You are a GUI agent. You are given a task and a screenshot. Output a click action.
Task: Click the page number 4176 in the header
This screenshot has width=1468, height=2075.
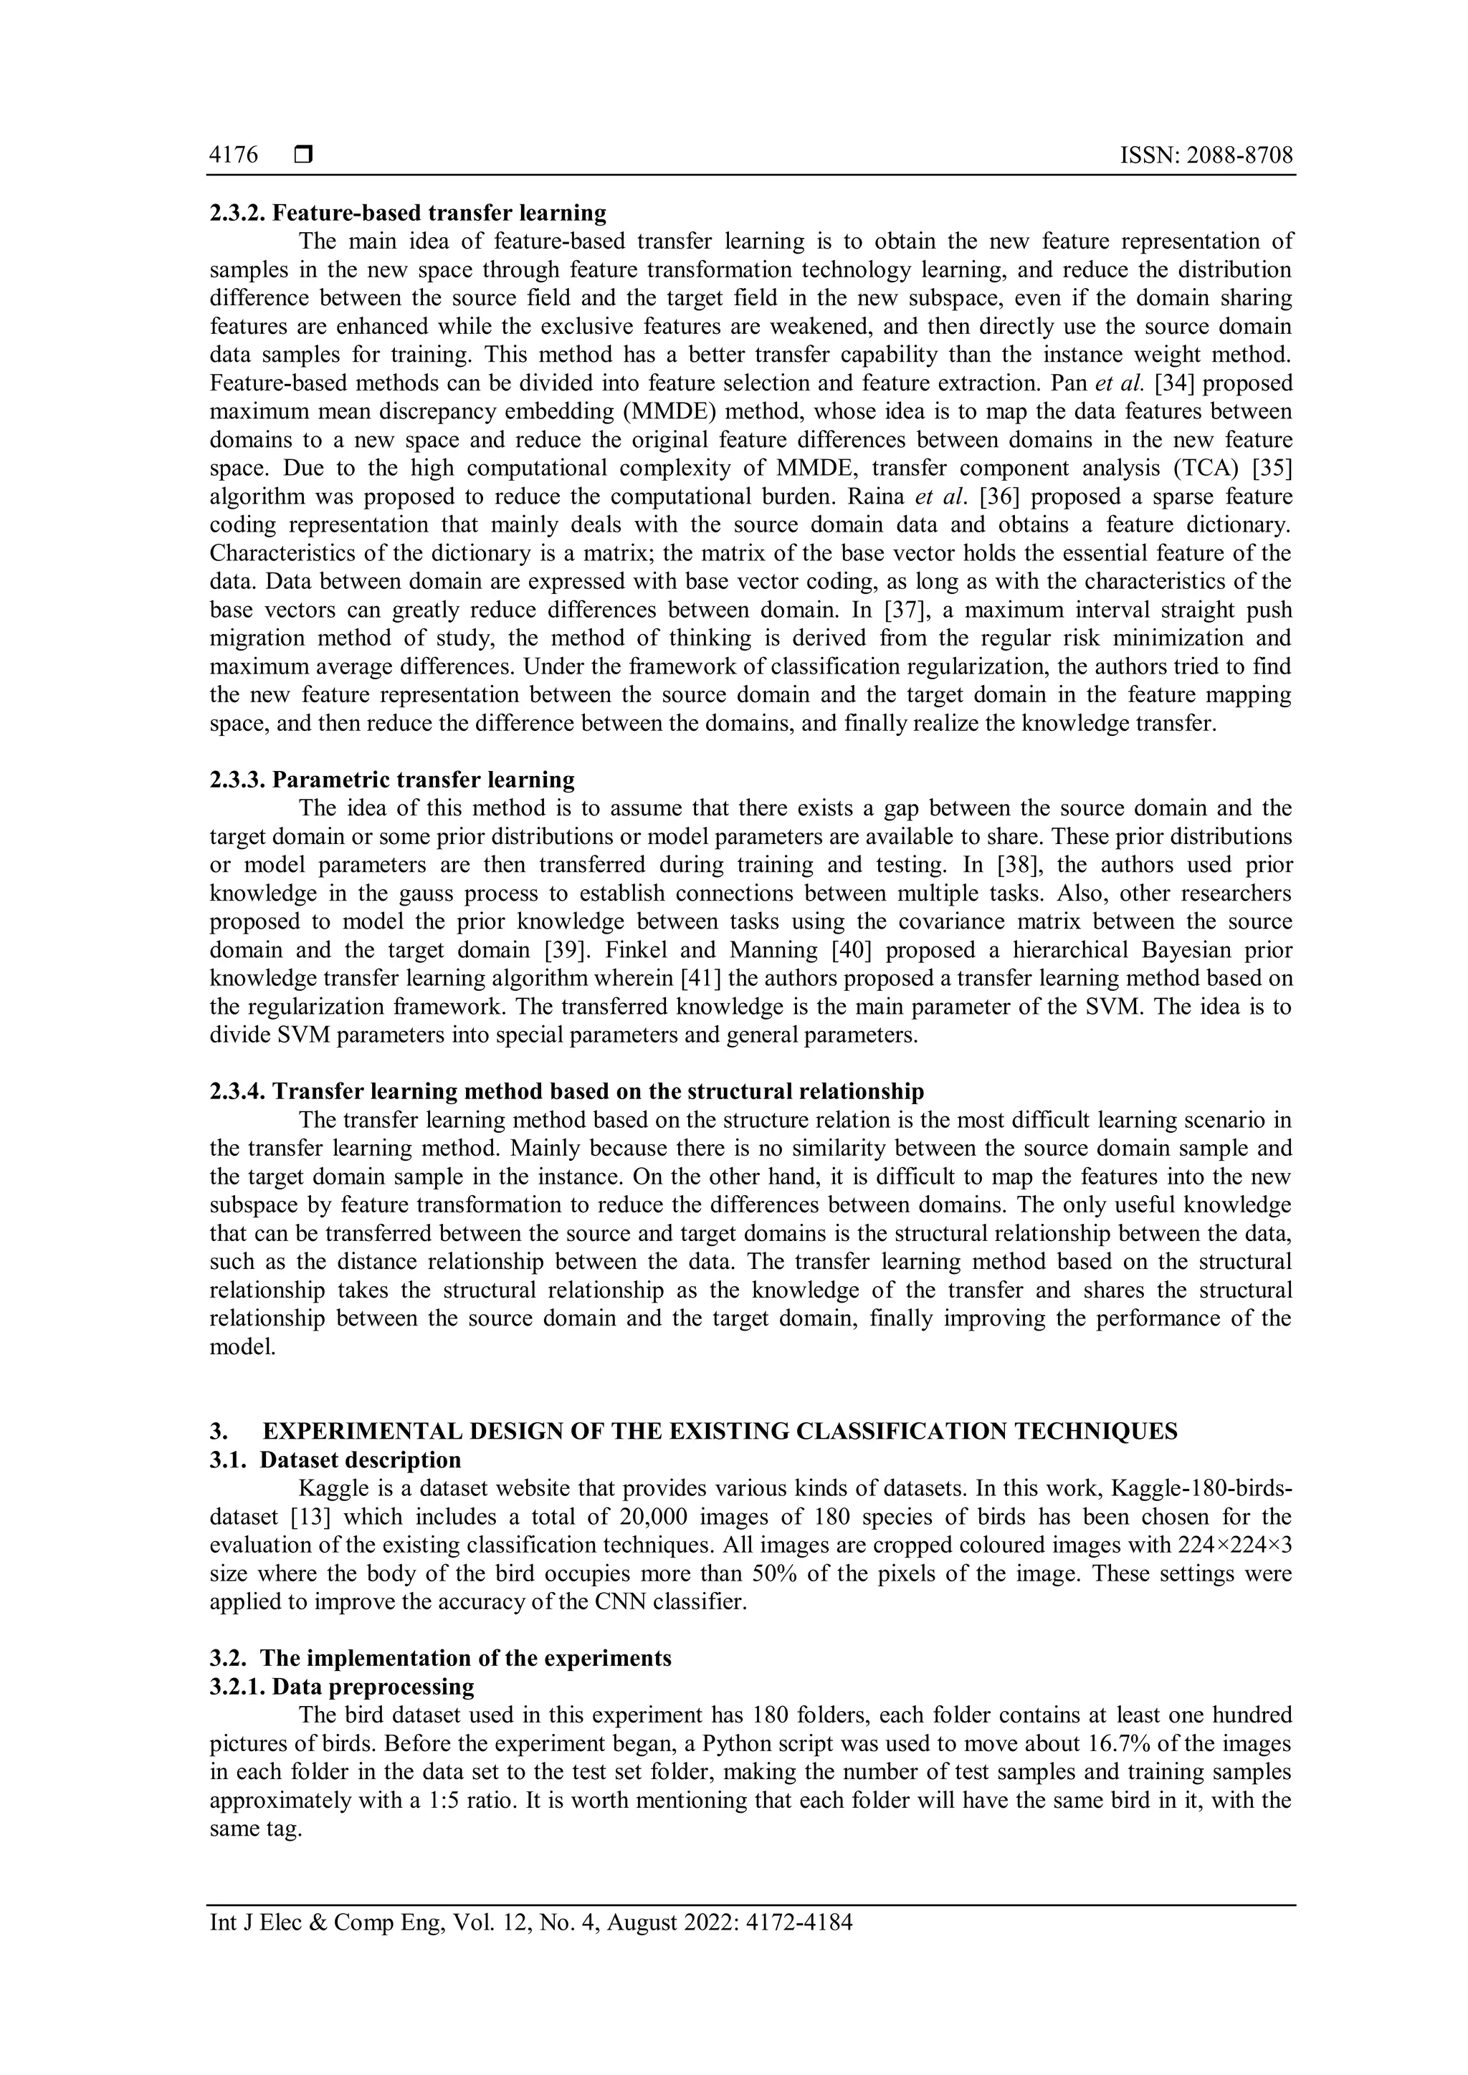coord(233,155)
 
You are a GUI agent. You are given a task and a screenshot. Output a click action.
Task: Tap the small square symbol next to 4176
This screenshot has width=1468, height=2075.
coord(302,155)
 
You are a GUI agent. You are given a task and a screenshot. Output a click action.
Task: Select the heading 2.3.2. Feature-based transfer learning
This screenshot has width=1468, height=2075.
coord(408,214)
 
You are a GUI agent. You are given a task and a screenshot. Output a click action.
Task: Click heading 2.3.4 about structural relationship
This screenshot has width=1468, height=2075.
coord(567,1092)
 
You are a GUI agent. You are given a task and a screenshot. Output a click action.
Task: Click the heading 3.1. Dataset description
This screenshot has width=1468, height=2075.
coord(335,1460)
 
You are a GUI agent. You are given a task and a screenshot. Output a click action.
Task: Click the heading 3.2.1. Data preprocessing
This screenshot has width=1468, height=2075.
coord(342,1687)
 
